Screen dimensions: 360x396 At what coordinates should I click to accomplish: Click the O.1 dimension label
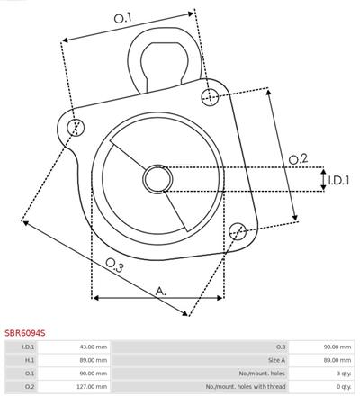click(122, 18)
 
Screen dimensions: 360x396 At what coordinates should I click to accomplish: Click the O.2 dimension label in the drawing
click(298, 158)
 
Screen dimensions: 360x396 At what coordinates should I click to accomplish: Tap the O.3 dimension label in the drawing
click(114, 265)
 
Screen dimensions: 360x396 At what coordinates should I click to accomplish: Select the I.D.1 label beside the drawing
click(338, 180)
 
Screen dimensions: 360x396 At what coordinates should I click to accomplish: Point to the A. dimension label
click(161, 291)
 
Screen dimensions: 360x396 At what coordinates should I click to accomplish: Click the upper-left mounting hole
click(76, 127)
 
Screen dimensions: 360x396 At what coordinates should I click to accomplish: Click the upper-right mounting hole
click(210, 97)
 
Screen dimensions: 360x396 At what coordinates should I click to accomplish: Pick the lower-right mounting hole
click(238, 231)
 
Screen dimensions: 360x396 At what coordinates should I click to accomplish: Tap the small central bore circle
click(157, 179)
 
